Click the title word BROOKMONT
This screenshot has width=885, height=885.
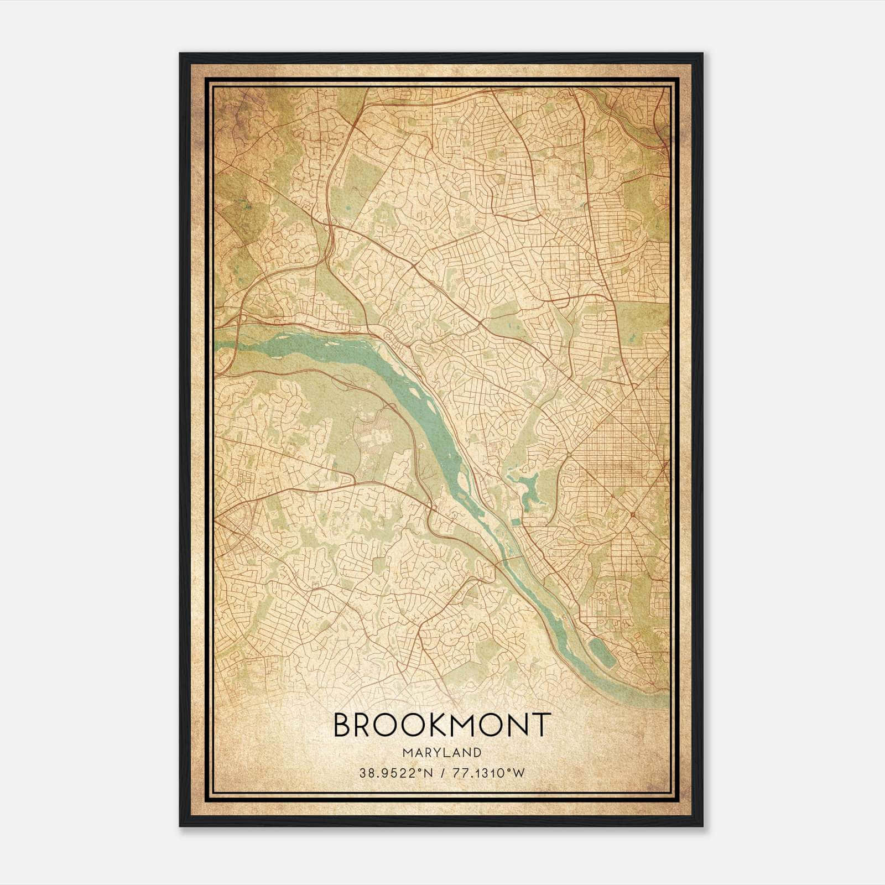click(442, 725)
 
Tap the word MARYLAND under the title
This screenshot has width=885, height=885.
click(442, 753)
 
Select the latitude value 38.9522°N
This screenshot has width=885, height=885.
click(393, 773)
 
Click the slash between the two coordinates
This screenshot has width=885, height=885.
click(442, 773)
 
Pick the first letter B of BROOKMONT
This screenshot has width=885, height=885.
click(343, 725)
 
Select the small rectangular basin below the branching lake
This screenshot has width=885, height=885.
click(514, 521)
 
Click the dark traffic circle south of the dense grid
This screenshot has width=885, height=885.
click(631, 514)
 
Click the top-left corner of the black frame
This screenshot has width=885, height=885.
click(180, 54)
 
